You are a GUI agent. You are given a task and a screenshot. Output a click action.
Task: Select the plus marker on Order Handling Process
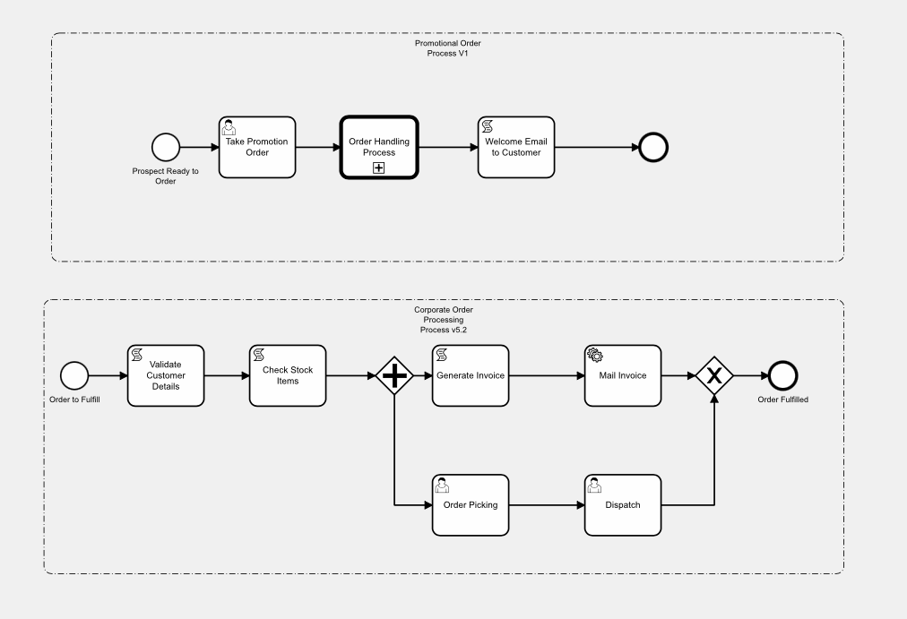[x=378, y=168]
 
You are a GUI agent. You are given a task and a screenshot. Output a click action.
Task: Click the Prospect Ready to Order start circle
[x=166, y=147]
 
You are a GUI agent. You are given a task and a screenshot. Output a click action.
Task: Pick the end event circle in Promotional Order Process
[x=652, y=147]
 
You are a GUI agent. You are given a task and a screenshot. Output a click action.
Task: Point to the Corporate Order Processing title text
[x=444, y=319]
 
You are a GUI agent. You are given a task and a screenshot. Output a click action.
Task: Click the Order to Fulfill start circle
[x=75, y=375]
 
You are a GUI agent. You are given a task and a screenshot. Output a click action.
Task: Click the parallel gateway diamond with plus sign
[x=393, y=375]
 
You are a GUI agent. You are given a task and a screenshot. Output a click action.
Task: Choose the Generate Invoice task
[x=470, y=375]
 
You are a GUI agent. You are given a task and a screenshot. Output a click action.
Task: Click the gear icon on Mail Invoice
[x=594, y=356]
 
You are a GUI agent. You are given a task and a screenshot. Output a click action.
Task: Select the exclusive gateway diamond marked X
[x=714, y=375]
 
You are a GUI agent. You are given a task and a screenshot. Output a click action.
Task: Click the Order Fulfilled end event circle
[x=782, y=375]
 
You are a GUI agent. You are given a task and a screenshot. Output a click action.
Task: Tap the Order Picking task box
[x=470, y=504]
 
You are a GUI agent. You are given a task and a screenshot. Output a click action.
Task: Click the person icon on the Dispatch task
[x=594, y=486]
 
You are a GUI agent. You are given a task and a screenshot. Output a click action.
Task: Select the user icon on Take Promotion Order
[x=229, y=127]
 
